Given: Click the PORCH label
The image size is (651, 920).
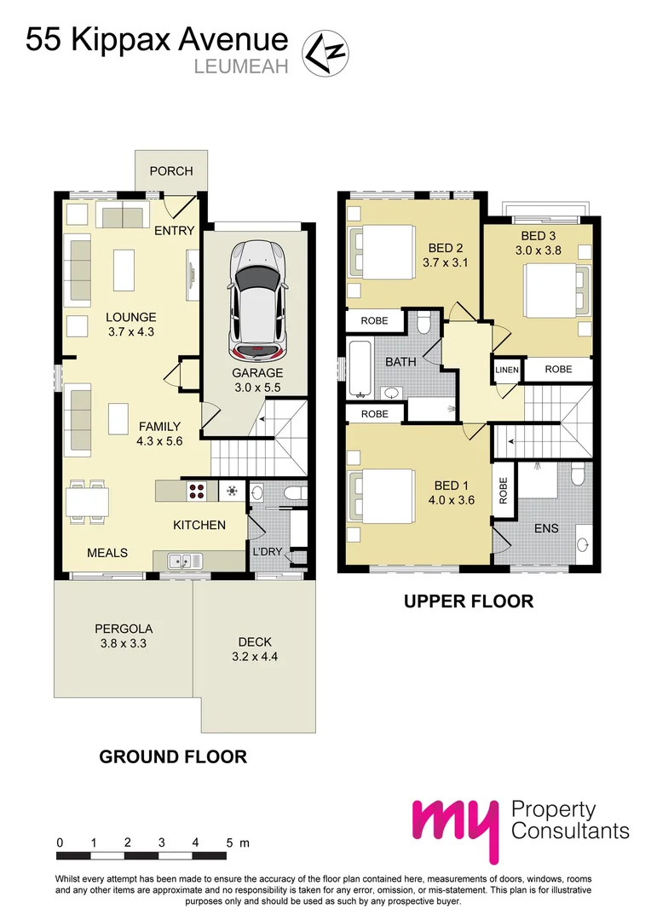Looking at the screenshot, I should (x=171, y=171).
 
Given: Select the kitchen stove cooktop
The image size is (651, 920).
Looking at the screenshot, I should (x=197, y=491).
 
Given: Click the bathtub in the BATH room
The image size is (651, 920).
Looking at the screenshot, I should (x=360, y=368).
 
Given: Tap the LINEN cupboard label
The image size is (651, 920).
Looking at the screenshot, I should (x=506, y=370).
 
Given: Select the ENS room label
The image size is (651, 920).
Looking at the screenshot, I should (x=546, y=528).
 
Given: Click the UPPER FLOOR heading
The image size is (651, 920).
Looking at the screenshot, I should (x=469, y=601).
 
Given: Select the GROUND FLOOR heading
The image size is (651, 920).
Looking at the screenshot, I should (x=173, y=756).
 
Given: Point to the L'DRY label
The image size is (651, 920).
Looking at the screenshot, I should (x=267, y=552).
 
